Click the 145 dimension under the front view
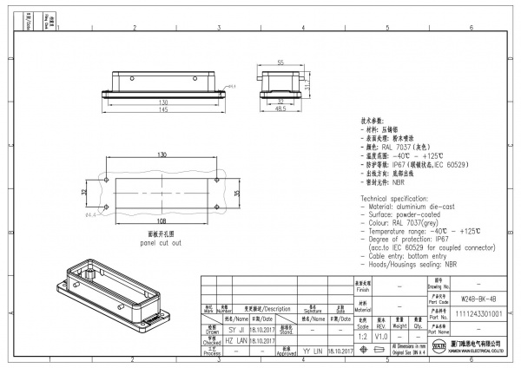click(x=163, y=110)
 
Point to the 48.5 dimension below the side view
click(x=280, y=110)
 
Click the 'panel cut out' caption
click(x=162, y=242)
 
